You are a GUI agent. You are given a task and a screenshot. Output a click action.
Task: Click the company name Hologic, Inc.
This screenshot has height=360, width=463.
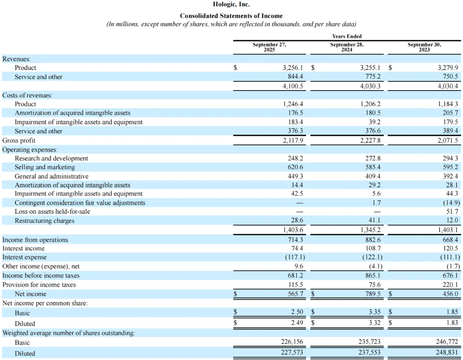[231, 5]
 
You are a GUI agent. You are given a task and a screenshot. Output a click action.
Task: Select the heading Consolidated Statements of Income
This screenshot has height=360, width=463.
[231, 16]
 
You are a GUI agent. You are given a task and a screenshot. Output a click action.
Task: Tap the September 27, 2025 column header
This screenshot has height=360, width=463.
[269, 47]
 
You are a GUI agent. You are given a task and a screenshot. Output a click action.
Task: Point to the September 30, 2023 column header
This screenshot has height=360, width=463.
[424, 47]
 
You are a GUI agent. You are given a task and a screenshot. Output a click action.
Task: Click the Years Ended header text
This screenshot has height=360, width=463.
[347, 36]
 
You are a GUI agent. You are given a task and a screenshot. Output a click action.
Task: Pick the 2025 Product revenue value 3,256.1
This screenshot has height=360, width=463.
[293, 68]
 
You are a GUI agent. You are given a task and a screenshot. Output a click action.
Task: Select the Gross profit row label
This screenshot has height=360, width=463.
[19, 140]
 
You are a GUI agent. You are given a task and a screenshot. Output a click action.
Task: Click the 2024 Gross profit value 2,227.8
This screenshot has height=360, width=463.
[370, 140]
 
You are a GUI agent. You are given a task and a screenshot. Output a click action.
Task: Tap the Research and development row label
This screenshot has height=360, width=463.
[51, 158]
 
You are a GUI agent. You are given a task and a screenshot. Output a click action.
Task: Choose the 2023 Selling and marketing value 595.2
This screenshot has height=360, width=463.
[450, 167]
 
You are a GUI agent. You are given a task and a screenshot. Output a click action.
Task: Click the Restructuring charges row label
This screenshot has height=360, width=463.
[45, 221]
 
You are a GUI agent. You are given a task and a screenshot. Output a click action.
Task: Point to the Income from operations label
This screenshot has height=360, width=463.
[35, 240]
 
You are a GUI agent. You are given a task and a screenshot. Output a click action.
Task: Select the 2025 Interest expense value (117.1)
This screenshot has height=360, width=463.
[294, 257]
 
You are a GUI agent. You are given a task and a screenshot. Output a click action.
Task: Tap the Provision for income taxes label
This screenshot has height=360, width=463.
[39, 284]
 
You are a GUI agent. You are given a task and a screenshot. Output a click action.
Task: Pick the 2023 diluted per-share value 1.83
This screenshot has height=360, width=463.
[452, 323]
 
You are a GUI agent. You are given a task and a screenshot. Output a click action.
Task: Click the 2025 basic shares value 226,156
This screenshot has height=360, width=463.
[292, 342]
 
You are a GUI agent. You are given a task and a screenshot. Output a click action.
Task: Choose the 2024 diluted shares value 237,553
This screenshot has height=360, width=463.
[369, 353]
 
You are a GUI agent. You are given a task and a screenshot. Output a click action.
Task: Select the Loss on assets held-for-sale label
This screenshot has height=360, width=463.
[52, 211]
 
